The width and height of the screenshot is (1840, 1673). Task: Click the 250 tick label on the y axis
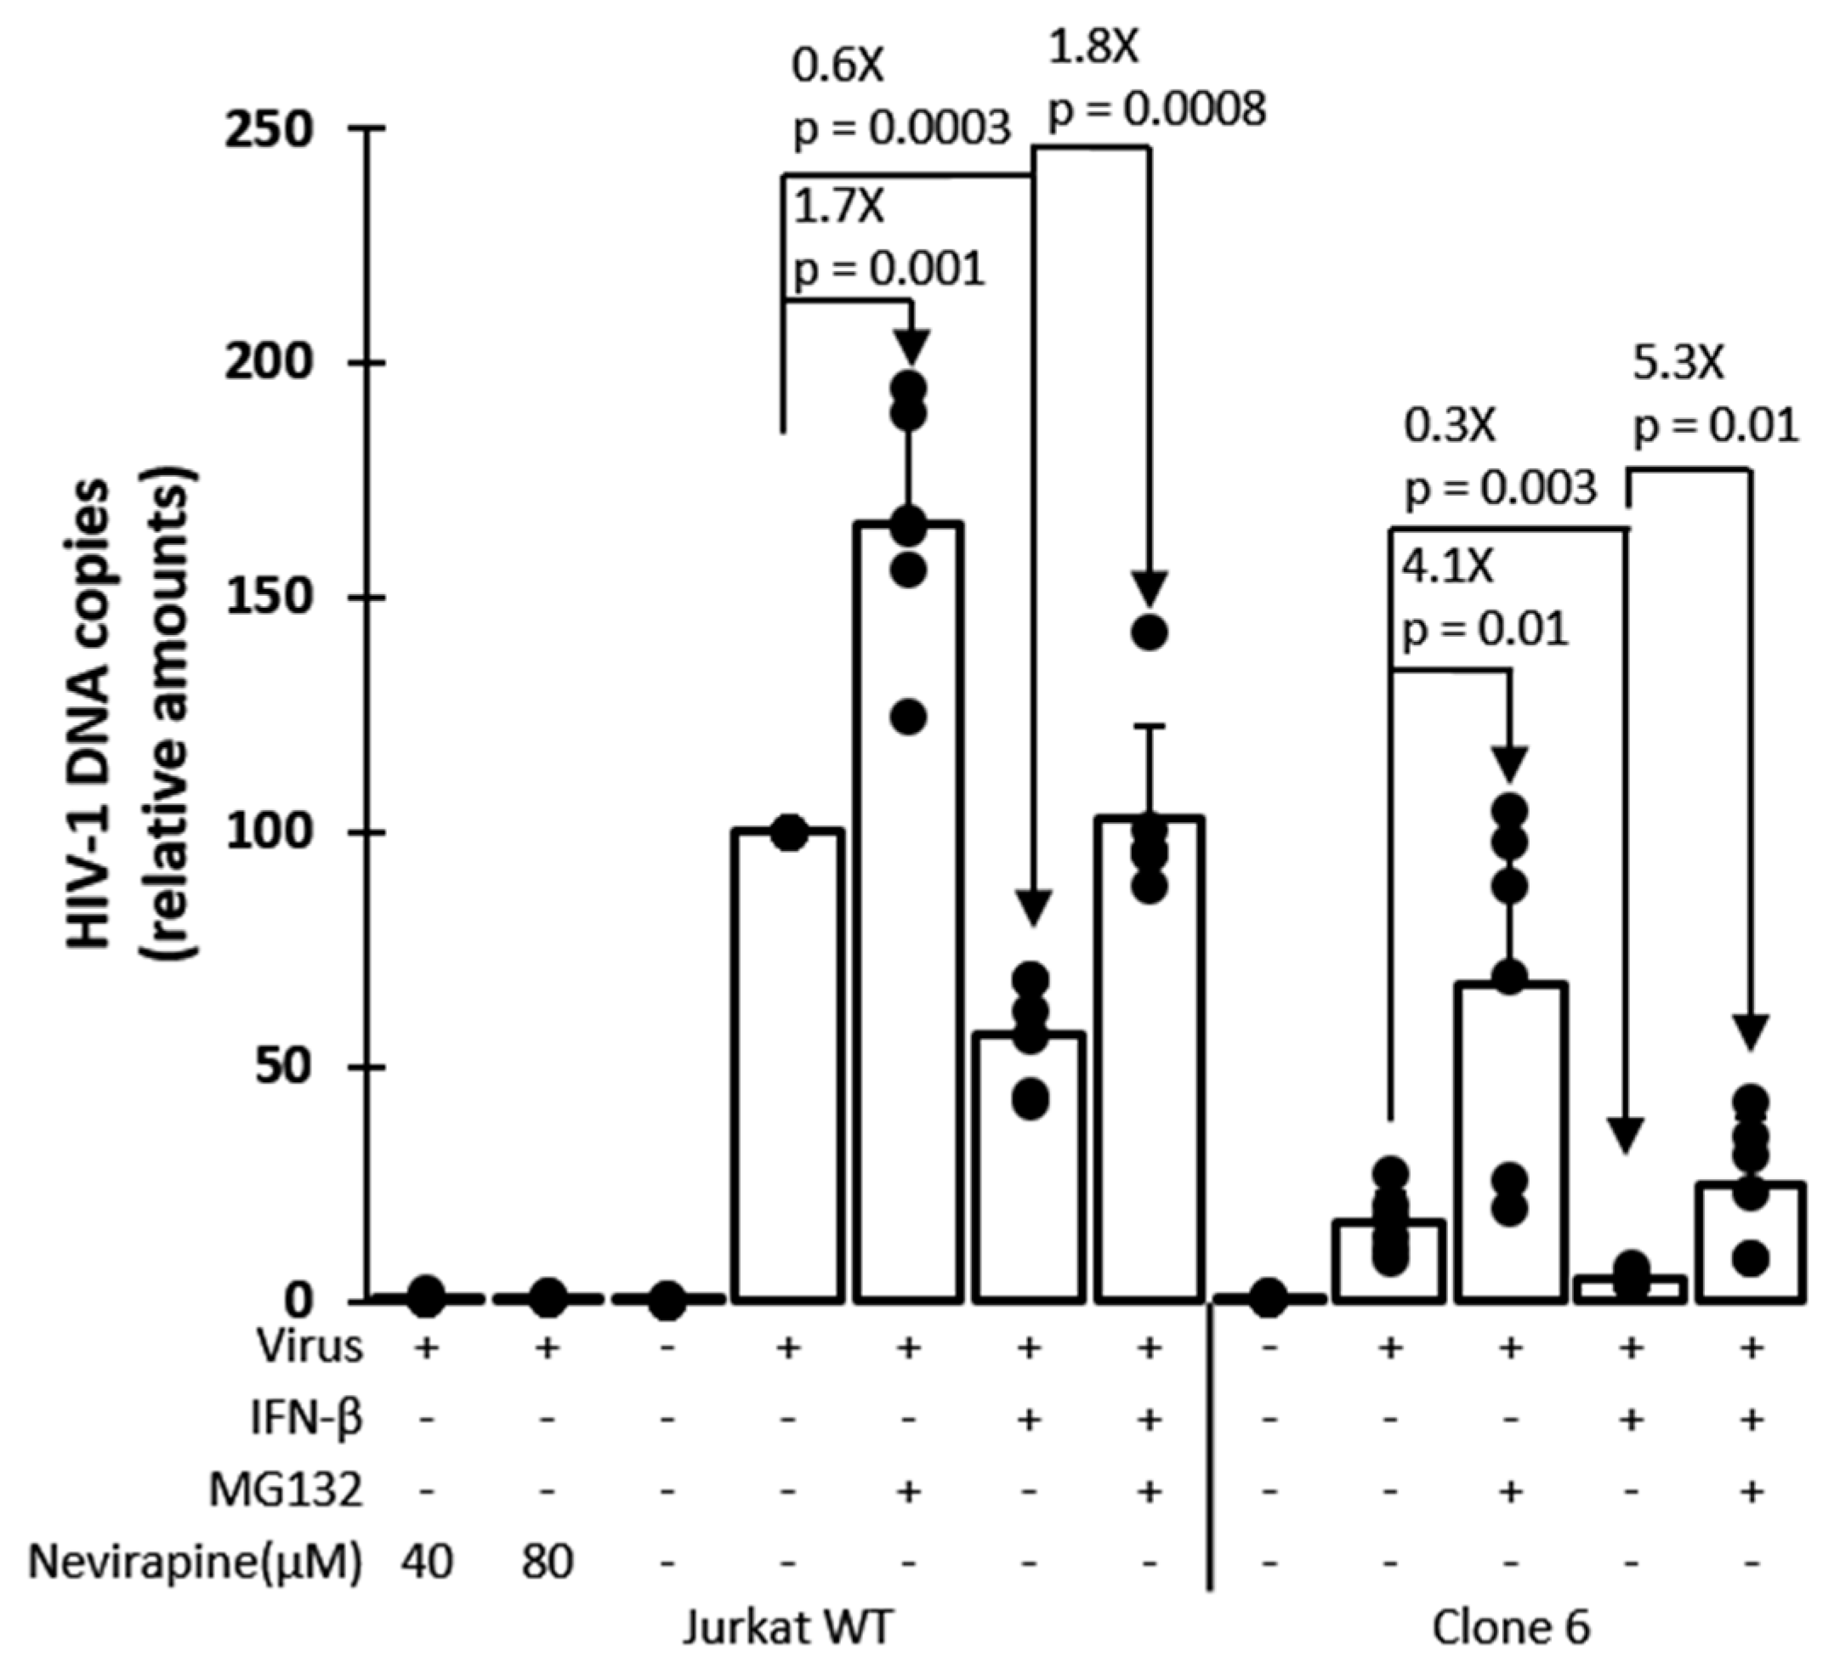(269, 129)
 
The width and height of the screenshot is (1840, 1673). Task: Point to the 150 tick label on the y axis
(269, 598)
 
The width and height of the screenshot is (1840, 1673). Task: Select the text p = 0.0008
(1156, 110)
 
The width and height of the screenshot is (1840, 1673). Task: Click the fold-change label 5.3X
(1678, 364)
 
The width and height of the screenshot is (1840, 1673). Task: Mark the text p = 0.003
(1501, 488)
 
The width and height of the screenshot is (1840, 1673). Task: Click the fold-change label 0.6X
(838, 66)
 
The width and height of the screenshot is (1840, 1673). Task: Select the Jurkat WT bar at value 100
(787, 1063)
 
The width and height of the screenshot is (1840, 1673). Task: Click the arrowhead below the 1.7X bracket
(910, 345)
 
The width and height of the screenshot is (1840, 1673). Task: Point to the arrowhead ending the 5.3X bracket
(1751, 1030)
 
